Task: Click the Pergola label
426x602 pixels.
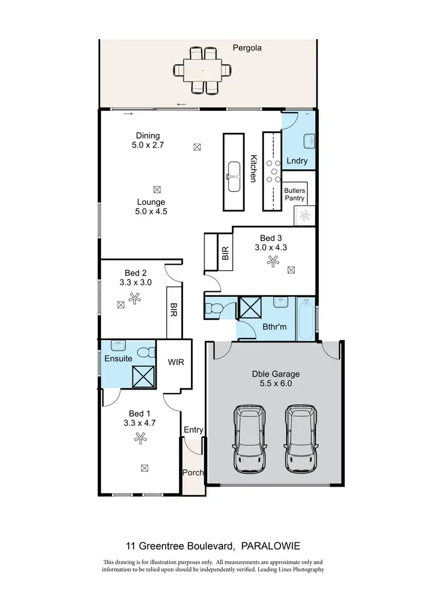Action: tap(247, 48)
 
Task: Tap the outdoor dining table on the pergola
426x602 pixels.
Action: tap(203, 70)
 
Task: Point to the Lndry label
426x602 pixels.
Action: tap(296, 161)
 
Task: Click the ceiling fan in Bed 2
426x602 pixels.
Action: tap(135, 297)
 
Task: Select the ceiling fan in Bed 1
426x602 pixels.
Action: tap(140, 437)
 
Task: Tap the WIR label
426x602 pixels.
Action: tap(176, 362)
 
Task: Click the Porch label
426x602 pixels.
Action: tap(193, 473)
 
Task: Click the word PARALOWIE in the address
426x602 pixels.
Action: tap(270, 546)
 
